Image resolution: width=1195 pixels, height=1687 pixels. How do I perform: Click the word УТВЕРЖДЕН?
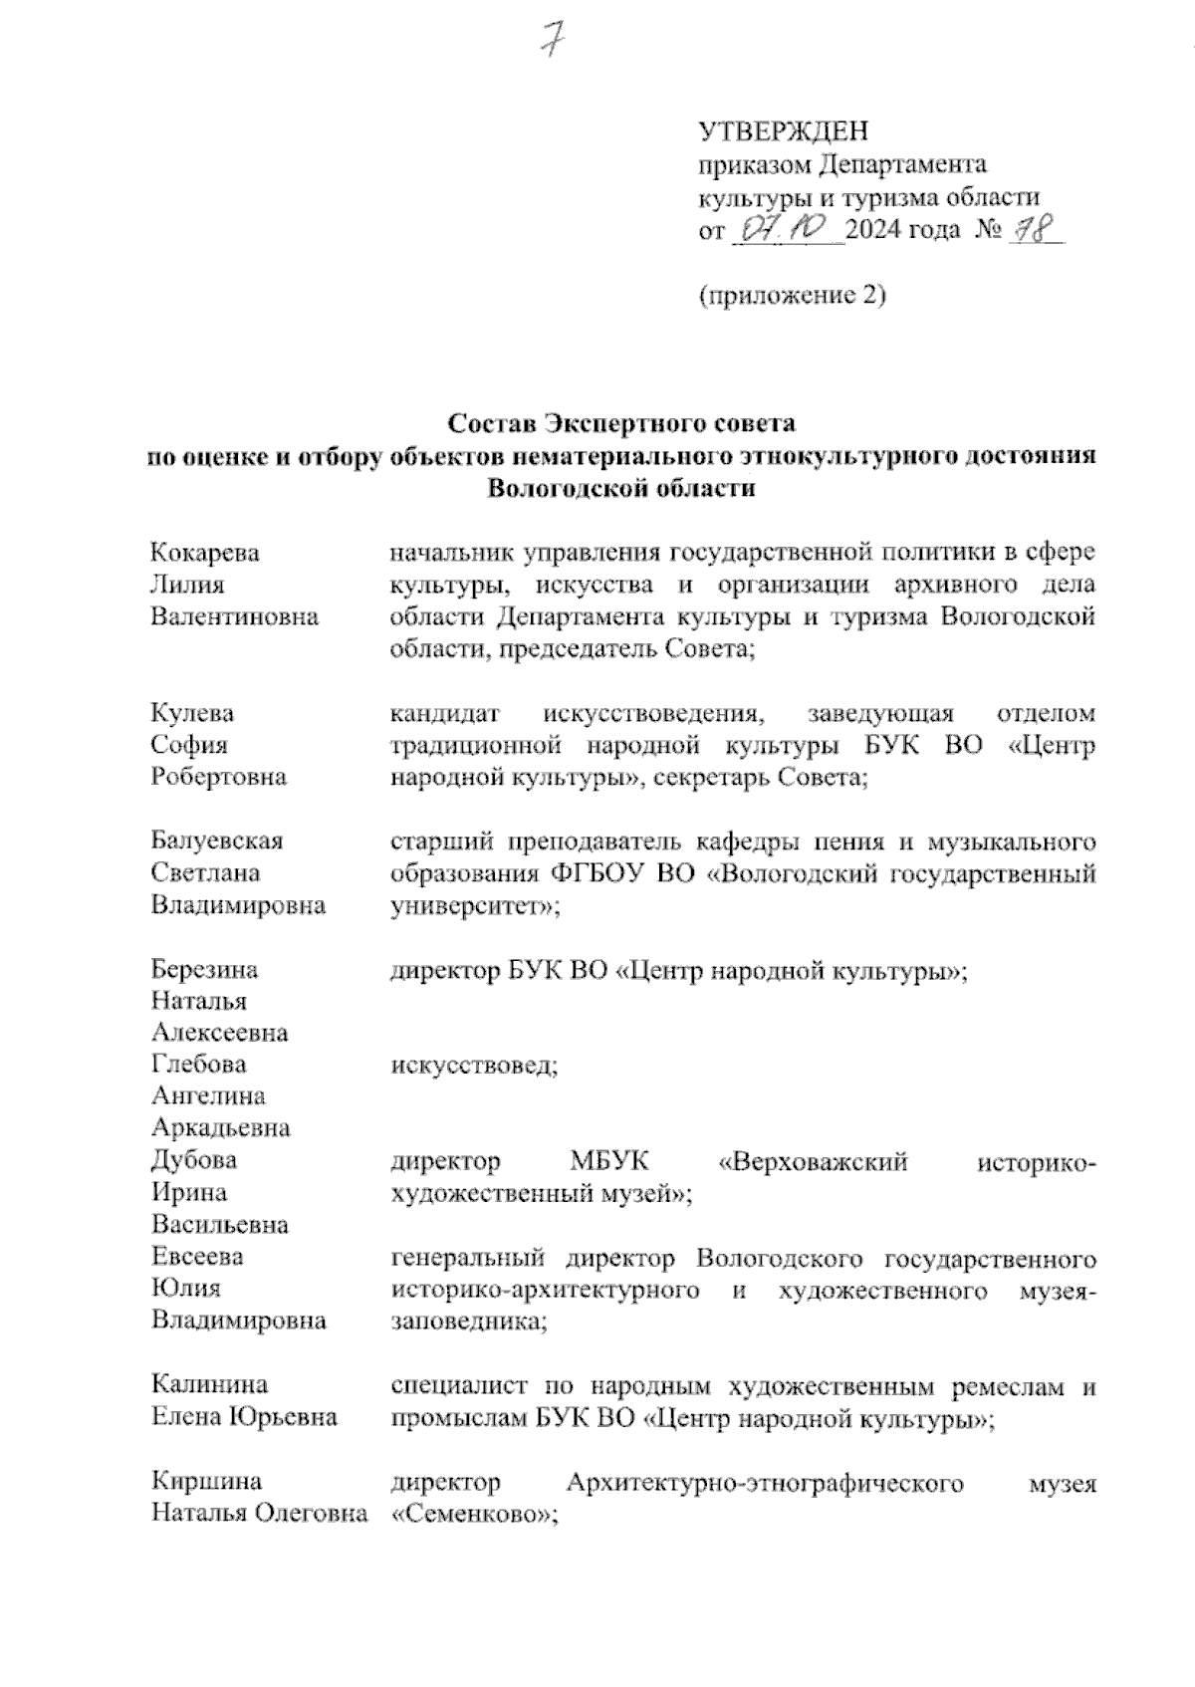point(783,131)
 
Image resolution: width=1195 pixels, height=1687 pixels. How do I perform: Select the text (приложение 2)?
point(792,296)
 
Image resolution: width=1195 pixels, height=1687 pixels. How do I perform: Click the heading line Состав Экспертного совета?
point(621,424)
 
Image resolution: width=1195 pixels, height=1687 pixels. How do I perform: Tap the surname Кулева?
point(192,713)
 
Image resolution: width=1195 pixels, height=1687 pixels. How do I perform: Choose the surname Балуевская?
point(217,842)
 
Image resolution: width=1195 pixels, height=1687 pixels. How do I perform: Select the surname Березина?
point(204,969)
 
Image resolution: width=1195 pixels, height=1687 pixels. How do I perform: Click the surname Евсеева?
point(197,1257)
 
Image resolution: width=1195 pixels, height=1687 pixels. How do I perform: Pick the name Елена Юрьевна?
point(244,1416)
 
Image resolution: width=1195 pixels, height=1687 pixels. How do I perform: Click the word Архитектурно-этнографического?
point(765,1483)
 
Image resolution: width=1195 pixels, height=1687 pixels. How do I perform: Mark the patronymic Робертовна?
point(218,777)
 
